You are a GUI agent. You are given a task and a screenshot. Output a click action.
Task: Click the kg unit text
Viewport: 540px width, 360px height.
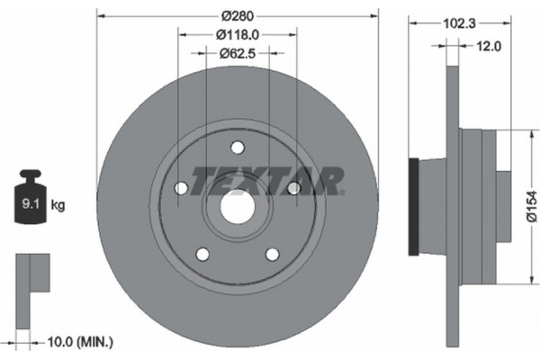coord(58,206)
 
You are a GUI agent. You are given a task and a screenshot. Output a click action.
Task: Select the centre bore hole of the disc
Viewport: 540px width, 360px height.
coord(236,205)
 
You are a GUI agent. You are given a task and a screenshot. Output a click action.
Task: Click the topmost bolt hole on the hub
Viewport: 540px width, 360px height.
coord(237,148)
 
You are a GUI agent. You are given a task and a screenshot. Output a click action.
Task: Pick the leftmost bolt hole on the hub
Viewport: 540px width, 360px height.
coord(180,187)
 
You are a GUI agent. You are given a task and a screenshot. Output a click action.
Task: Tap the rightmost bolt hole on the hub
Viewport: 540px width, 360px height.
coord(292,187)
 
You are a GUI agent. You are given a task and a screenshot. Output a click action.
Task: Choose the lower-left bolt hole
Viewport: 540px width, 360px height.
coord(202,254)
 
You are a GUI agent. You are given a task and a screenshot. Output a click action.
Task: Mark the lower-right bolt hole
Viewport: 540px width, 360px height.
coord(271,254)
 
